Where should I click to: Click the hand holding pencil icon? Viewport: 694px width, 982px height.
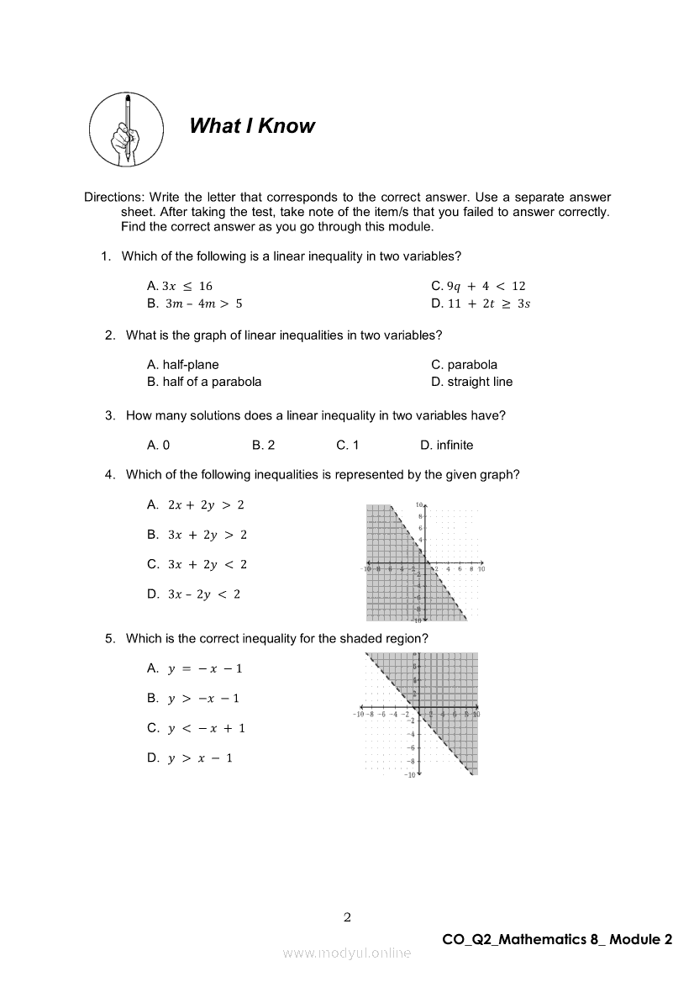click(126, 129)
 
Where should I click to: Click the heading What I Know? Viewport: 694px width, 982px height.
click(251, 126)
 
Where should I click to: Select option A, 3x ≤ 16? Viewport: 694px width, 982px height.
click(180, 286)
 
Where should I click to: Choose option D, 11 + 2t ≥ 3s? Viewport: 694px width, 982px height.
click(481, 304)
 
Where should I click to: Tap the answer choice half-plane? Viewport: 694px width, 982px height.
click(182, 365)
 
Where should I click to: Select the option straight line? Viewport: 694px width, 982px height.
click(471, 382)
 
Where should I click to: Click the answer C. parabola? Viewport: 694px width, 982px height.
click(464, 365)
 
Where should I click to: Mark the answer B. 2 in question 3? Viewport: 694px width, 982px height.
click(263, 445)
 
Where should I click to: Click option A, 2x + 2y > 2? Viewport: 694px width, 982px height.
click(196, 504)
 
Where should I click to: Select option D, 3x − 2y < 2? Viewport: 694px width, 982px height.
click(194, 594)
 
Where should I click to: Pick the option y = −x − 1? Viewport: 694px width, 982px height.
click(194, 668)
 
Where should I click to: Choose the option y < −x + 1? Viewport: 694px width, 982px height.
click(196, 728)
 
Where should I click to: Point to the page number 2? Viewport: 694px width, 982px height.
click(347, 916)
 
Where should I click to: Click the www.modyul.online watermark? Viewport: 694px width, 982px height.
click(347, 953)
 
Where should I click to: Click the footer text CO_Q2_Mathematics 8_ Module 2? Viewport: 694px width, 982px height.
click(557, 939)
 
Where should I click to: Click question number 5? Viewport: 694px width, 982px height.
click(110, 638)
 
